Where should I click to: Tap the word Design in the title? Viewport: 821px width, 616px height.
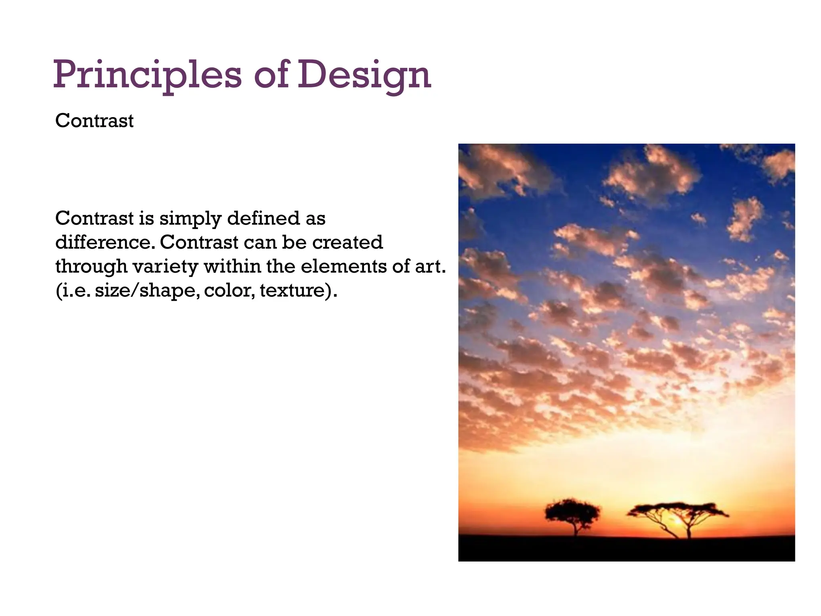coord(364,75)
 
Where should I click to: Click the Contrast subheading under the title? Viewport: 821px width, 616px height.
coord(94,121)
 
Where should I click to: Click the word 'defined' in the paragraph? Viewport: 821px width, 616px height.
coord(263,219)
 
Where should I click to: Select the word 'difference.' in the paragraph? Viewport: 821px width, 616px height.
coord(105,242)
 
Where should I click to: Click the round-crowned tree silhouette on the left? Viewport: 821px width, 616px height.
coord(572,511)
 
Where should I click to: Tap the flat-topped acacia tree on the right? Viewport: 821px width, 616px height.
coord(677,511)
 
